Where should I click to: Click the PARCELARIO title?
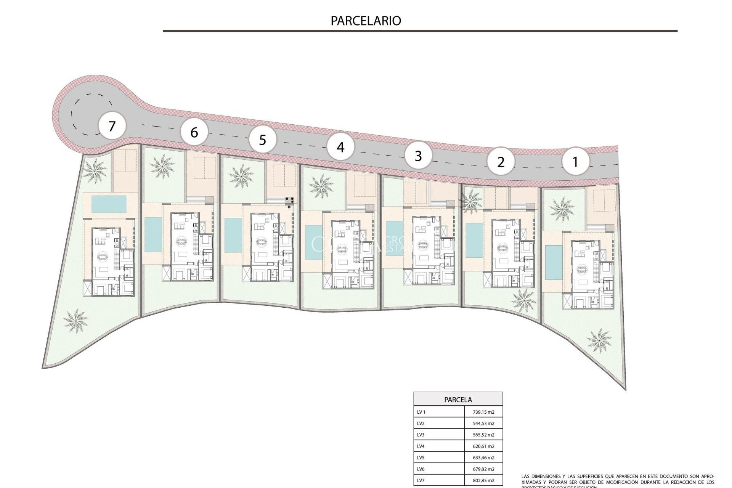coord(366,21)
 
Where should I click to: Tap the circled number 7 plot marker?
coord(112,126)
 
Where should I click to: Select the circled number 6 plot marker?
coord(194,132)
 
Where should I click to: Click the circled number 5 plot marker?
coord(262,140)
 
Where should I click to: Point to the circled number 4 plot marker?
coord(340,147)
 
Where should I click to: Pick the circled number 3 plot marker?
coord(418,156)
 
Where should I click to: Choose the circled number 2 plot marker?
coord(501,162)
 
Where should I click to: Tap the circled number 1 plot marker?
coord(575,162)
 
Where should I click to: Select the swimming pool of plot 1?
coord(551,262)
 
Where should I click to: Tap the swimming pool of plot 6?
coord(152,234)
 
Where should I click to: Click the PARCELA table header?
coord(458,400)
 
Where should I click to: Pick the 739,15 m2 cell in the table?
coord(483,412)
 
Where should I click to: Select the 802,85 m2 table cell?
coord(483,481)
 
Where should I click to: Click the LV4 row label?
coord(421,446)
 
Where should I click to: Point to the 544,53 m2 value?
coord(483,424)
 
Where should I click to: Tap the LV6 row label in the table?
coord(421,469)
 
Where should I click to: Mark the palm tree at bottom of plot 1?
coord(599,339)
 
